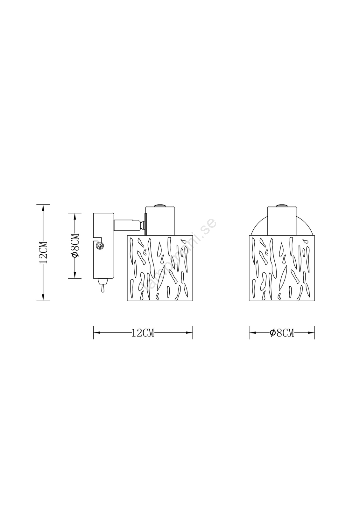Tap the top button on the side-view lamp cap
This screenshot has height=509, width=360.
click(160, 205)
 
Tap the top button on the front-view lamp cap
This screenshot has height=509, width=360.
click(282, 205)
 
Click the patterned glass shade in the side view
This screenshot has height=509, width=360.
click(160, 268)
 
